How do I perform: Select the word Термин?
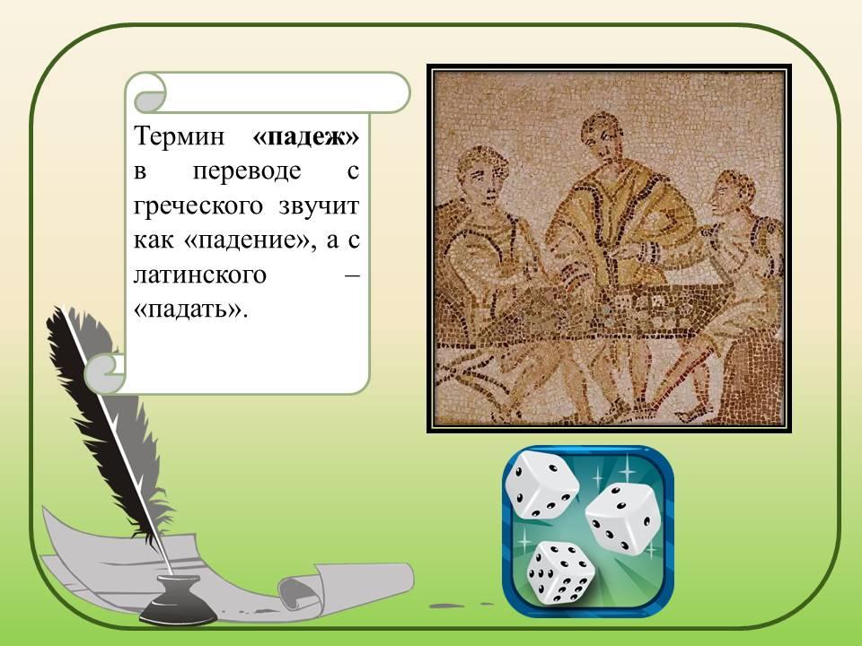click(x=180, y=135)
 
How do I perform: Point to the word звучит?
click(x=319, y=206)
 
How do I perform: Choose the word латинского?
click(x=200, y=275)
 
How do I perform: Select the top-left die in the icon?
click(x=541, y=484)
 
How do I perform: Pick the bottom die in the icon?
click(x=560, y=572)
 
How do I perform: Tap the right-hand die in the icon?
click(x=623, y=519)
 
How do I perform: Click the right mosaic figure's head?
click(x=731, y=195)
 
